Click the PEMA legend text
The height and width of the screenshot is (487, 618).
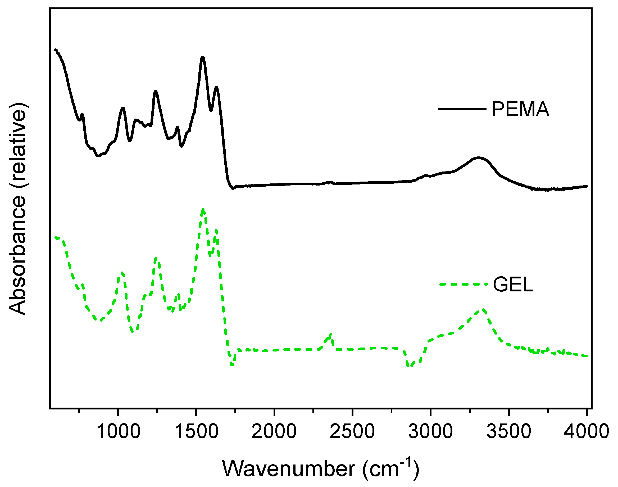pyautogui.click(x=520, y=109)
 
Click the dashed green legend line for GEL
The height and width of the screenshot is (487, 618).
pyautogui.click(x=463, y=284)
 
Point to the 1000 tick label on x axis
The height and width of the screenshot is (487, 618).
pyautogui.click(x=118, y=431)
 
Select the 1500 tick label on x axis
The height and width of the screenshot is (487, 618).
pyautogui.click(x=196, y=431)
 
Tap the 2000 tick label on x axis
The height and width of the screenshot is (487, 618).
pyautogui.click(x=274, y=431)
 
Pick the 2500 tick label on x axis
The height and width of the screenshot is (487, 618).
pyautogui.click(x=352, y=431)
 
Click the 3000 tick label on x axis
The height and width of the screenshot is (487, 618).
pyautogui.click(x=430, y=431)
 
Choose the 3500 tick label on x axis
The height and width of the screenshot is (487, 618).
pyautogui.click(x=508, y=431)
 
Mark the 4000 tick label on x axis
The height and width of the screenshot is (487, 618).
pyautogui.click(x=586, y=431)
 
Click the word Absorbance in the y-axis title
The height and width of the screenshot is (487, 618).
pyautogui.click(x=18, y=255)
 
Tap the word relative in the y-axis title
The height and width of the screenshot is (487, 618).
pyautogui.click(x=18, y=148)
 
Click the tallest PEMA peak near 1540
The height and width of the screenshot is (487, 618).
pyautogui.click(x=203, y=58)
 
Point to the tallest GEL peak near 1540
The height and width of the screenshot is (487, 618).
pyautogui.click(x=203, y=210)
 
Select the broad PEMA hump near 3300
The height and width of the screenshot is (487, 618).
pyautogui.click(x=478, y=158)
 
